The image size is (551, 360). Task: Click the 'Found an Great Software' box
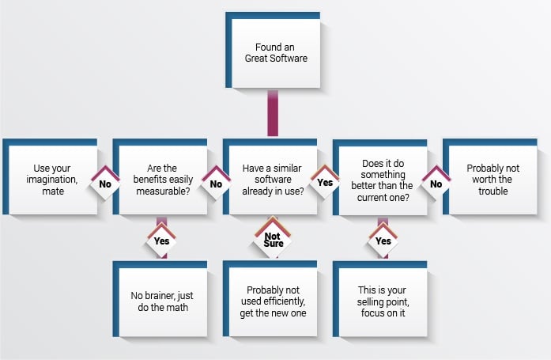click(x=273, y=51)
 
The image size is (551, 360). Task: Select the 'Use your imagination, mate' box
click(x=51, y=177)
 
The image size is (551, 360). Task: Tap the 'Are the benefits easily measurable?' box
click(x=160, y=177)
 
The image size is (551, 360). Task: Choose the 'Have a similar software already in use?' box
click(x=270, y=177)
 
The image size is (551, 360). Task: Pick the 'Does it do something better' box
click(x=380, y=177)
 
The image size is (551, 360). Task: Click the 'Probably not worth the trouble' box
click(x=490, y=177)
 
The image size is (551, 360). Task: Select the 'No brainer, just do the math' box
click(x=160, y=299)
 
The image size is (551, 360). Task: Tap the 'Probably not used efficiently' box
click(x=270, y=299)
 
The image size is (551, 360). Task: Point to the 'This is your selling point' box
click(x=380, y=299)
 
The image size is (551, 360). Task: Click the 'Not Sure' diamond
click(x=273, y=240)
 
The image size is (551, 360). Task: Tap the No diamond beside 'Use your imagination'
click(x=105, y=183)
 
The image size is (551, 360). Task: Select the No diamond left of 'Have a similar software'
click(x=216, y=183)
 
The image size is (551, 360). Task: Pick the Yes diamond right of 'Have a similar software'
click(x=325, y=182)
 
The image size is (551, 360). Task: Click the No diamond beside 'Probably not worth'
click(x=436, y=183)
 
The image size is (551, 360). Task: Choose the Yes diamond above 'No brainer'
click(x=161, y=241)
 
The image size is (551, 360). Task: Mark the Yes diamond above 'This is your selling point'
click(x=383, y=241)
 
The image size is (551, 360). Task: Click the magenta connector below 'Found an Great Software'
click(x=273, y=113)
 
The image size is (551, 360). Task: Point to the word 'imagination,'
click(x=52, y=180)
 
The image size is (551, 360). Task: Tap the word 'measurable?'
click(x=163, y=191)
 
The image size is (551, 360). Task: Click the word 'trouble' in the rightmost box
click(x=493, y=191)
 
